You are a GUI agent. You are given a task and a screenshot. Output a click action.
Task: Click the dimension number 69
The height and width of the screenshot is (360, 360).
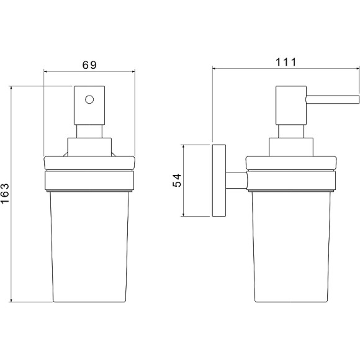(x=89, y=65)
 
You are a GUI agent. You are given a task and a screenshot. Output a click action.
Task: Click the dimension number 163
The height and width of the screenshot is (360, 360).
(x=5, y=193)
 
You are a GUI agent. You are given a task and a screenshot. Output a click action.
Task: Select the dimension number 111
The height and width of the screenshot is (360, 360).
(x=286, y=62)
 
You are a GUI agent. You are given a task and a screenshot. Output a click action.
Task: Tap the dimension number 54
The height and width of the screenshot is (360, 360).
(x=177, y=181)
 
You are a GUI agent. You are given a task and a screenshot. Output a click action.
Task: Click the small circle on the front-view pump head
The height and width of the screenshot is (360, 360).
(x=89, y=100)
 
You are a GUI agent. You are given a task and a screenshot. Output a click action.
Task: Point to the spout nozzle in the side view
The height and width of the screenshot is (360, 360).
(x=332, y=98)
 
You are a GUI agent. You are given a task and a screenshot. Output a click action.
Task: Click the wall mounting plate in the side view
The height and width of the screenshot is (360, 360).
(x=219, y=181)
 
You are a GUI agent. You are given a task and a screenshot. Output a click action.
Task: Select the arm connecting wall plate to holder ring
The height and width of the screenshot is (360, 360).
(x=236, y=181)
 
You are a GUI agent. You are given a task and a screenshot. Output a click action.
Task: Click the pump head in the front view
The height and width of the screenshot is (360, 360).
(x=89, y=106)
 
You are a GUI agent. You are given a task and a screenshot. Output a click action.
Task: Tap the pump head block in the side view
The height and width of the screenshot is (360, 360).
(x=291, y=106)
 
